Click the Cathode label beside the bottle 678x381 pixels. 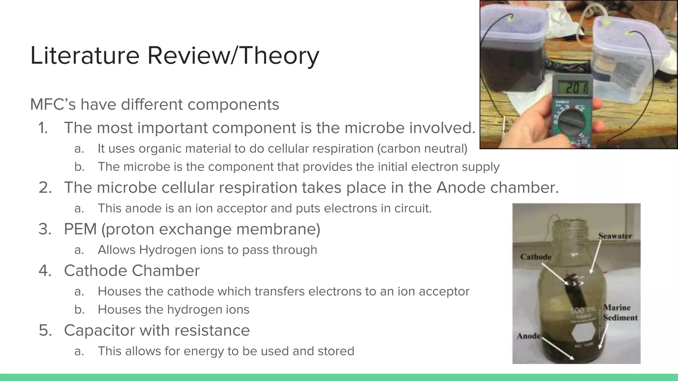(x=536, y=257)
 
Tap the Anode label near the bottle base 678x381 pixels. (x=528, y=336)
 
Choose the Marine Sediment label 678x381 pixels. (x=620, y=313)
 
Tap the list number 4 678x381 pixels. (x=45, y=271)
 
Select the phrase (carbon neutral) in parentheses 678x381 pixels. (x=422, y=149)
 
